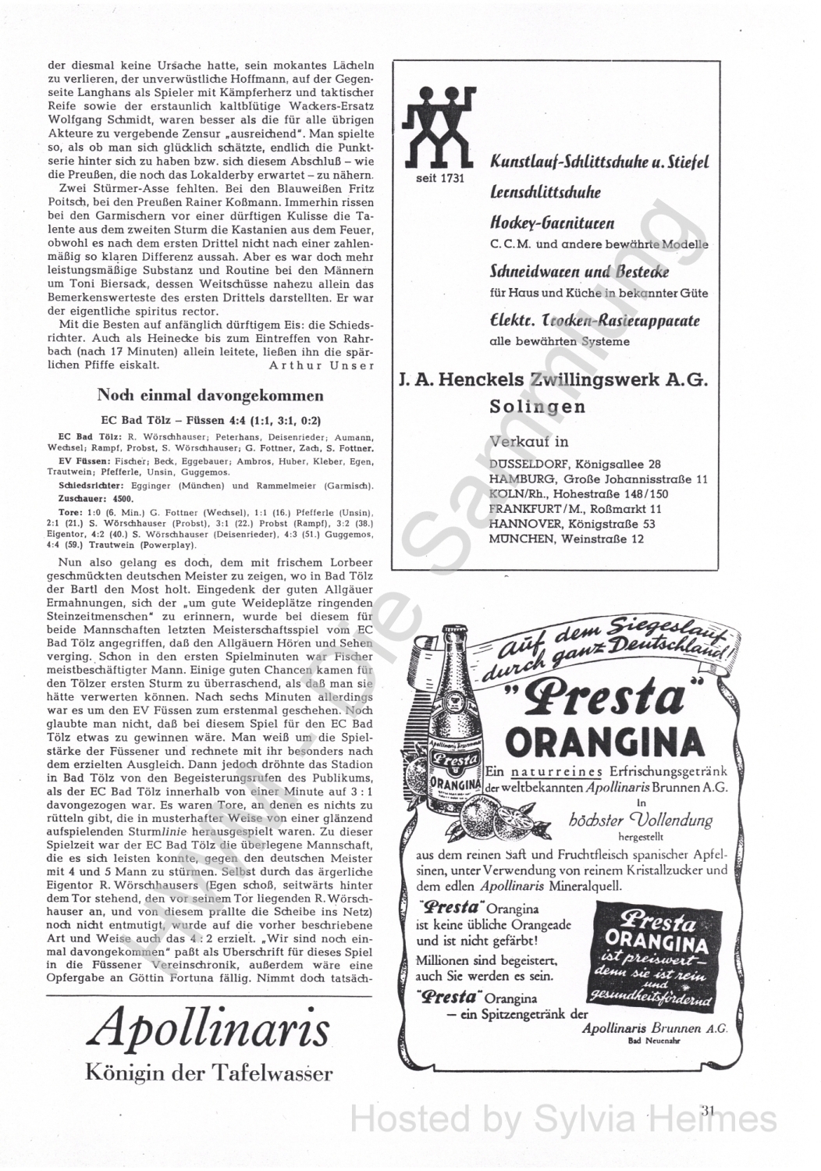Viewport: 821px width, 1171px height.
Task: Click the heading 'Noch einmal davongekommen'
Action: (x=210, y=394)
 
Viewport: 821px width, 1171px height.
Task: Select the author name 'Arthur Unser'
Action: (x=321, y=365)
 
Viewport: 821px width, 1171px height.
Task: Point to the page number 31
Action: (x=709, y=1109)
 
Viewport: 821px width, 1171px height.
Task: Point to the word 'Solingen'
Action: (x=538, y=407)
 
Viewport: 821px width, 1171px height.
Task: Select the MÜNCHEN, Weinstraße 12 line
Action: (x=567, y=539)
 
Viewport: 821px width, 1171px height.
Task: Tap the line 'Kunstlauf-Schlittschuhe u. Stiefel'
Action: (x=599, y=164)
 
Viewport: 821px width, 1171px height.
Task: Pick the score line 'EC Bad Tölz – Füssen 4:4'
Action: (x=210, y=418)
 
